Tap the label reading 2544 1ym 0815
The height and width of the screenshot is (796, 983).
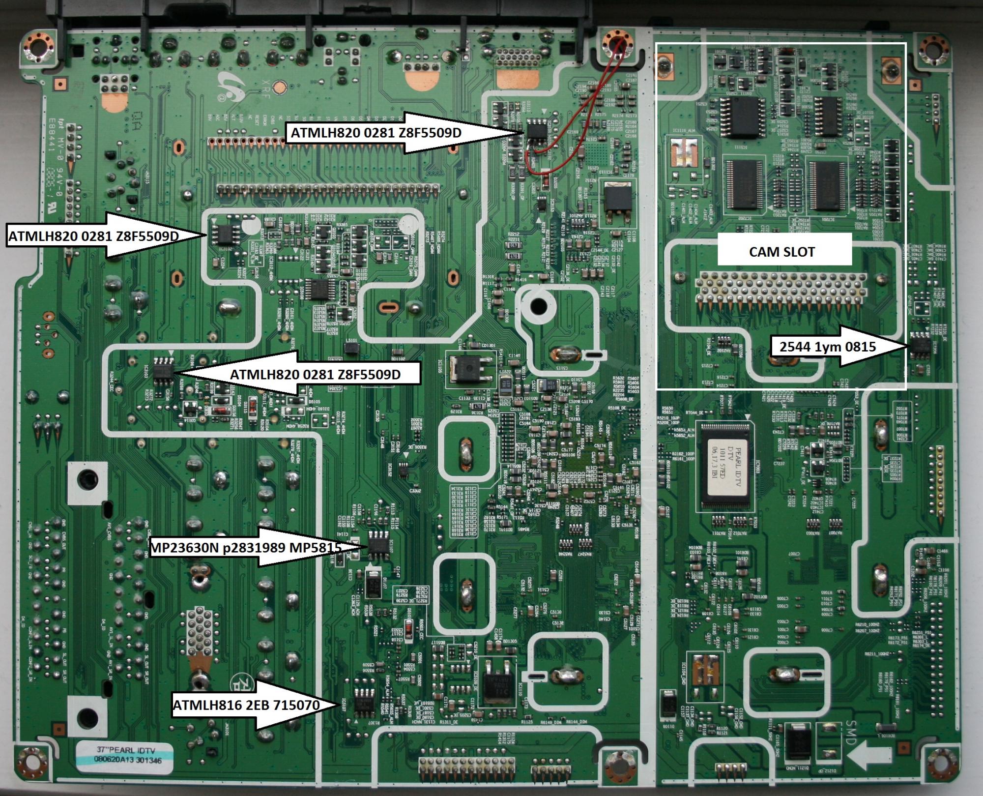point(827,347)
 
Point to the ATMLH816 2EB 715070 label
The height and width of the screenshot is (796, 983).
point(246,705)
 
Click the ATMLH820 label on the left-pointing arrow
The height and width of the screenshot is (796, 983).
point(315,375)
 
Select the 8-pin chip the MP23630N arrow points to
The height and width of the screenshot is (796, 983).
point(379,545)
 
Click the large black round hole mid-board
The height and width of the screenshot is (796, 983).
point(539,306)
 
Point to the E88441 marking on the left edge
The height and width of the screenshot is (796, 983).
point(53,146)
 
